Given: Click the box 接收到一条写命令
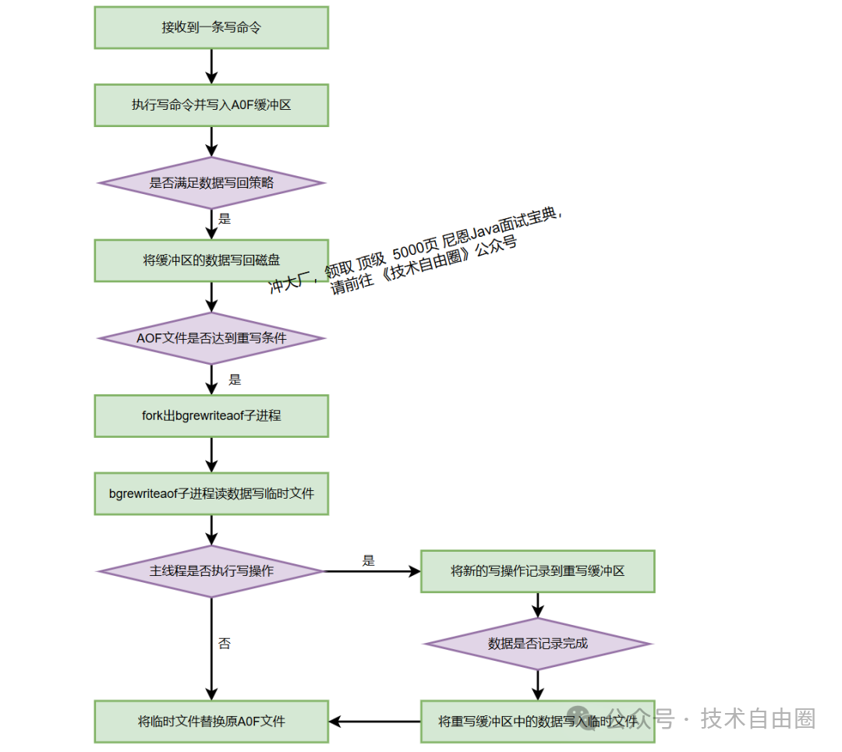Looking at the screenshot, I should click(x=211, y=27).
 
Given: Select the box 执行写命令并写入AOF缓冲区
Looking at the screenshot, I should click(x=211, y=105).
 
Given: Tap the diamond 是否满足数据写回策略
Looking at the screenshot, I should click(x=211, y=183).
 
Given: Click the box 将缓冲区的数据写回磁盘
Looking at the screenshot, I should click(x=211, y=260).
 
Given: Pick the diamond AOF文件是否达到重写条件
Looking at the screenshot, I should click(x=211, y=338).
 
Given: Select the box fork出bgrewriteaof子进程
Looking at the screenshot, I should click(x=211, y=415).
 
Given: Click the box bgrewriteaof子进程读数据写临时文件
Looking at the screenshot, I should click(x=211, y=493).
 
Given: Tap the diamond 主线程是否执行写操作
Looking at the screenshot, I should click(x=211, y=571).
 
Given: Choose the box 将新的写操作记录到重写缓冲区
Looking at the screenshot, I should click(x=537, y=571).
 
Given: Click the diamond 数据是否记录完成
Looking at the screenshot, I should click(x=537, y=644).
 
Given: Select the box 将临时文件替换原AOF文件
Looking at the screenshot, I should click(x=211, y=721).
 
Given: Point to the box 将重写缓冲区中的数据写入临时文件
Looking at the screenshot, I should click(x=537, y=721).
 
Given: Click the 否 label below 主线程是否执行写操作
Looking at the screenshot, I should click(x=225, y=644).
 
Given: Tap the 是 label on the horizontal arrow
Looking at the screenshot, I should click(x=369, y=560).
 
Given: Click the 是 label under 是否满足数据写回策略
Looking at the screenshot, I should click(x=225, y=219).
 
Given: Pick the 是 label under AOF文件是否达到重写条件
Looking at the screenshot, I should click(x=235, y=380).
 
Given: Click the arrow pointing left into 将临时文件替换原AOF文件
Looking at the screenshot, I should click(x=374, y=721).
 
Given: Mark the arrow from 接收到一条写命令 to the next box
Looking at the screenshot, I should click(x=211, y=66).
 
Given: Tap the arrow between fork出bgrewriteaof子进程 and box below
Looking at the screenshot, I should click(x=211, y=454).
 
